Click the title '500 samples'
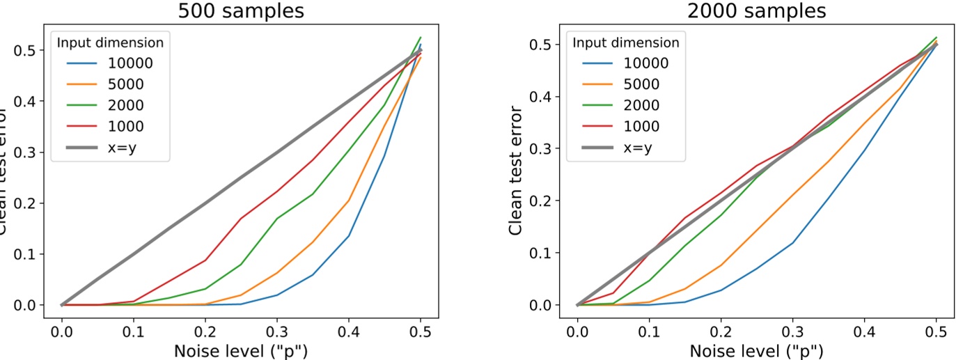pos(241,11)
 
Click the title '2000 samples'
pos(757,11)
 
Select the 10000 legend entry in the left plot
pos(130,64)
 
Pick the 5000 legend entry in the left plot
pos(126,85)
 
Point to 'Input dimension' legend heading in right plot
pos(625,42)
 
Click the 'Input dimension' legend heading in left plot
pos(110,42)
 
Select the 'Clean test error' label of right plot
pos(516,171)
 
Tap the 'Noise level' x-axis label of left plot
pos(241,351)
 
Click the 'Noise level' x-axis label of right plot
pos(757,351)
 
